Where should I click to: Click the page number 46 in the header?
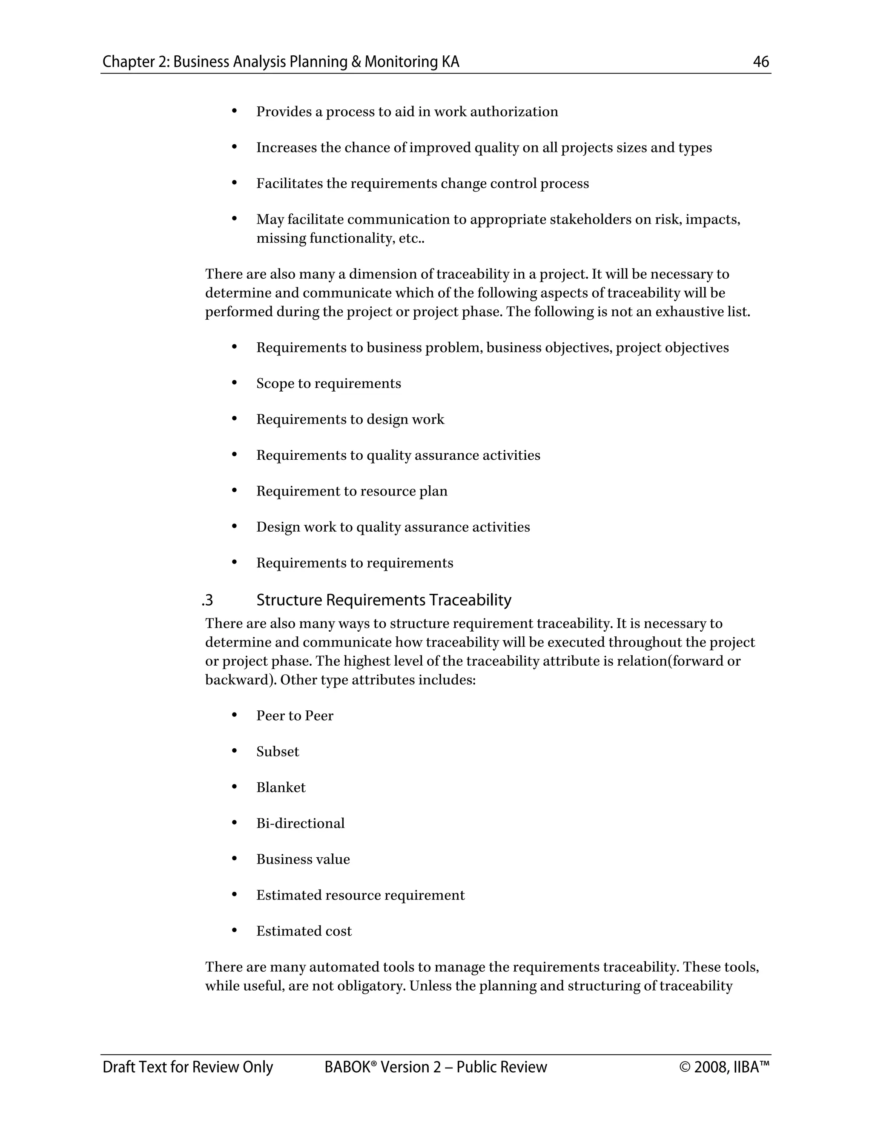tap(761, 62)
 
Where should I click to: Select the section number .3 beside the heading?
tap(208, 600)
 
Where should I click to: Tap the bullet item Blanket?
tap(281, 787)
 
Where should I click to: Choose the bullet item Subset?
tap(278, 751)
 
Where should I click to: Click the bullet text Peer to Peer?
tap(295, 716)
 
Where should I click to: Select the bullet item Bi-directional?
tap(300, 823)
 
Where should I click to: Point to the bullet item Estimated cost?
tap(304, 931)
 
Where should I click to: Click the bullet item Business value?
tap(303, 859)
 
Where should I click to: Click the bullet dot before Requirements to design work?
tap(234, 419)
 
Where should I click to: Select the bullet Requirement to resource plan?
tap(351, 491)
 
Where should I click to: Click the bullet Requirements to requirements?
tap(354, 563)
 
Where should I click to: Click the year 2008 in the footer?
tap(711, 1068)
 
